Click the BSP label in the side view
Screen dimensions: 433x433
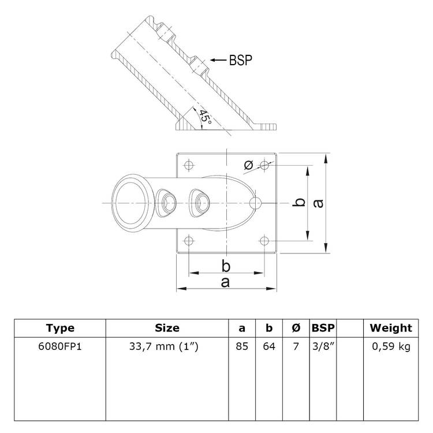pyautogui.click(x=240, y=59)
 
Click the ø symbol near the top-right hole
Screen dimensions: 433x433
pyautogui.click(x=248, y=166)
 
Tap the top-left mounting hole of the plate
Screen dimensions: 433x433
pyautogui.click(x=188, y=165)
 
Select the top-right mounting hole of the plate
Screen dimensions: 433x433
pyautogui.click(x=265, y=165)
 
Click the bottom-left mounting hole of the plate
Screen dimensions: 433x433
pyautogui.click(x=188, y=240)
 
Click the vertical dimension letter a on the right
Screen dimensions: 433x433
pyautogui.click(x=317, y=203)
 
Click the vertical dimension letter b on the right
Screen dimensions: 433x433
pyautogui.click(x=298, y=203)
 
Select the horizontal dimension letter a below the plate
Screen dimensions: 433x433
pyautogui.click(x=226, y=281)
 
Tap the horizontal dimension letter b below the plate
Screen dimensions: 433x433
pyautogui.click(x=226, y=265)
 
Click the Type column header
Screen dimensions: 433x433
pyautogui.click(x=60, y=328)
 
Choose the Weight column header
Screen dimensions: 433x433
pyautogui.click(x=391, y=328)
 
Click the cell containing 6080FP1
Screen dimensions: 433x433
pyautogui.click(x=60, y=347)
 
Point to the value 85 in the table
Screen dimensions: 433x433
pyautogui.click(x=242, y=347)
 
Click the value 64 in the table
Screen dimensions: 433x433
pyautogui.click(x=269, y=347)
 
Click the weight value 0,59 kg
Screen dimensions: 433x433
pyautogui.click(x=391, y=347)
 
